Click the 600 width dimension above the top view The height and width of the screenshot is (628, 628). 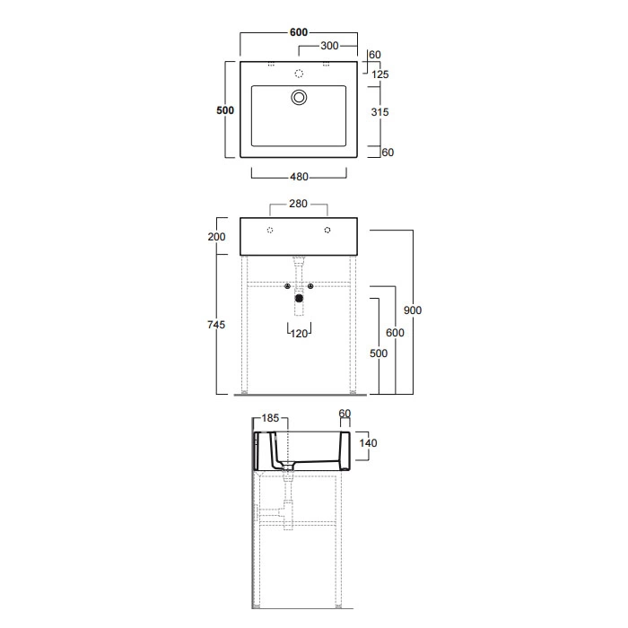point(299,32)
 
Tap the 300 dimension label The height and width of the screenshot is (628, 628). point(329,46)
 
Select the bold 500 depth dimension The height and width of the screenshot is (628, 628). point(225,110)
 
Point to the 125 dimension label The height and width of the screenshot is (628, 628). point(380,74)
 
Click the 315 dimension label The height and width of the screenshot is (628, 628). point(379,112)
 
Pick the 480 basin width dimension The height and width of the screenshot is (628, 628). point(299,177)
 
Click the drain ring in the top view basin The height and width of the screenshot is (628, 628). point(299,97)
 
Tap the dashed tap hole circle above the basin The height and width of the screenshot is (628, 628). point(299,74)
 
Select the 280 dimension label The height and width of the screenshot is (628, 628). point(299,204)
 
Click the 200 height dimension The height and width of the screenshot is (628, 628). point(217,237)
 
